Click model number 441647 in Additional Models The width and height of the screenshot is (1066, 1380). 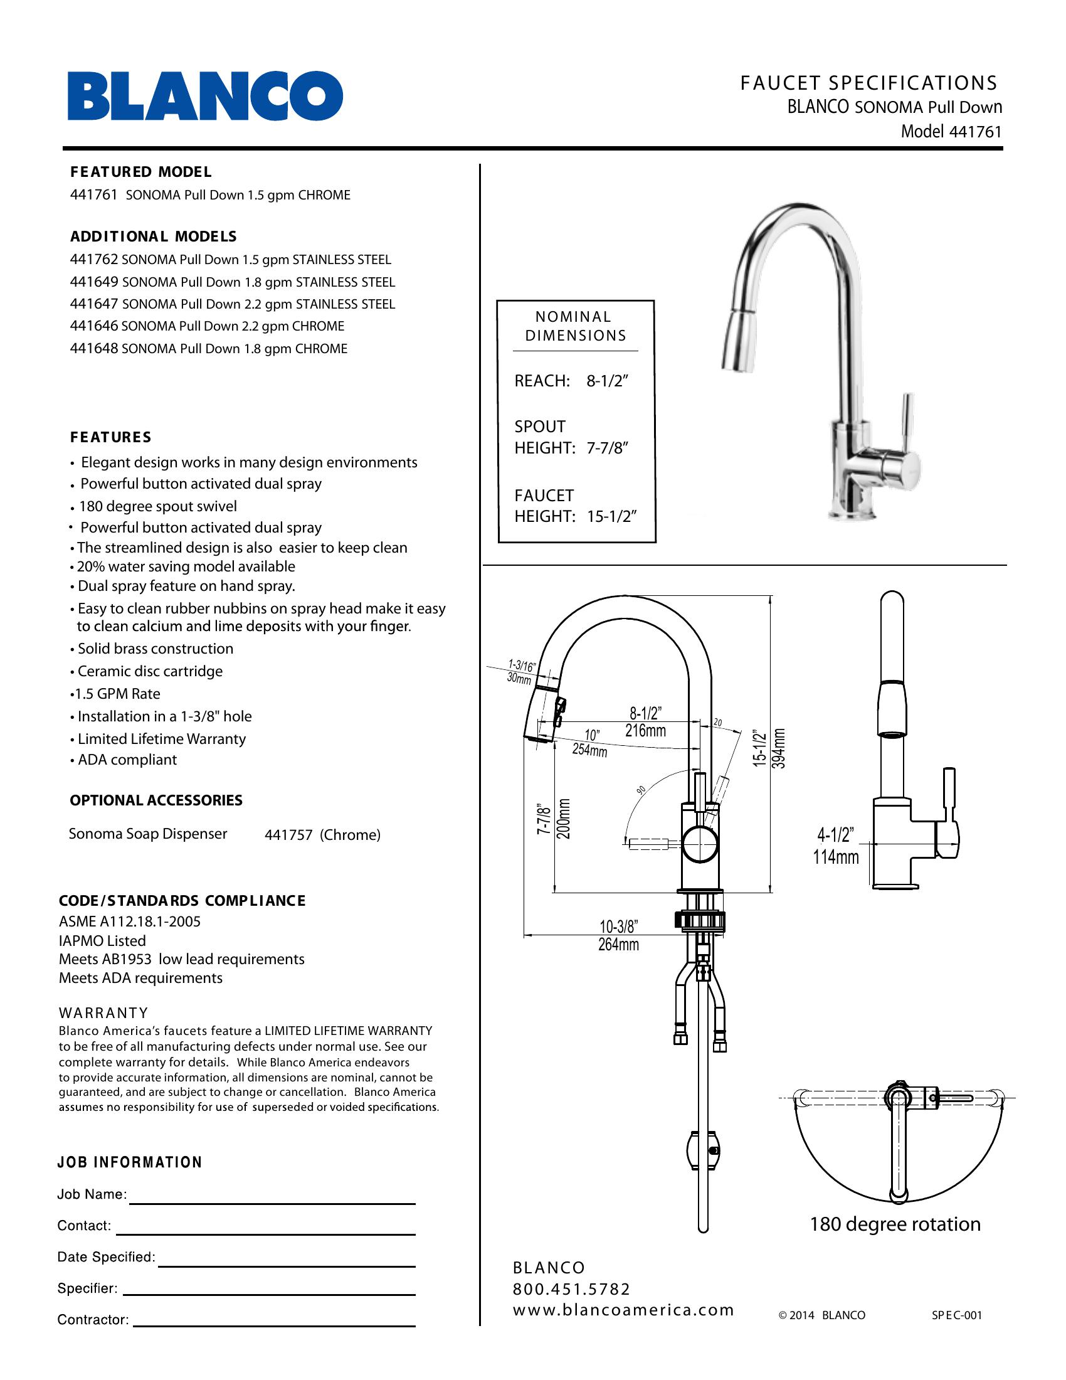(x=94, y=304)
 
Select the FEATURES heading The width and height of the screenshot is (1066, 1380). (x=110, y=437)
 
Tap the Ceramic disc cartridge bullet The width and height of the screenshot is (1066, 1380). (x=150, y=671)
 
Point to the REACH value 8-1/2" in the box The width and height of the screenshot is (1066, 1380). (x=607, y=381)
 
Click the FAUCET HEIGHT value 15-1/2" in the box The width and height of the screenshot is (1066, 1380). (x=611, y=516)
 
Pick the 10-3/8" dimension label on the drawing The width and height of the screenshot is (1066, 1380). (x=618, y=927)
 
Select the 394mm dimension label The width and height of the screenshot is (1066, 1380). (x=780, y=748)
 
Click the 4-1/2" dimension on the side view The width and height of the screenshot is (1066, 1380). (x=835, y=836)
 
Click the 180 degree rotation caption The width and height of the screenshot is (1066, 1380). (x=895, y=1224)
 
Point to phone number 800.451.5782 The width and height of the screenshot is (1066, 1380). (x=571, y=1289)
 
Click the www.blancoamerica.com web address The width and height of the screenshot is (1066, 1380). (x=623, y=1310)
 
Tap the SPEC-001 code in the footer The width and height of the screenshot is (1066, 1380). (x=957, y=1315)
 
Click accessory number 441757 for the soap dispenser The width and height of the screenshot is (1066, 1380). (x=288, y=836)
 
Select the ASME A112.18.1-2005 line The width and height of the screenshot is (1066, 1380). (x=129, y=921)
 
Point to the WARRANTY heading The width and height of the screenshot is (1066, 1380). (x=103, y=1013)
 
